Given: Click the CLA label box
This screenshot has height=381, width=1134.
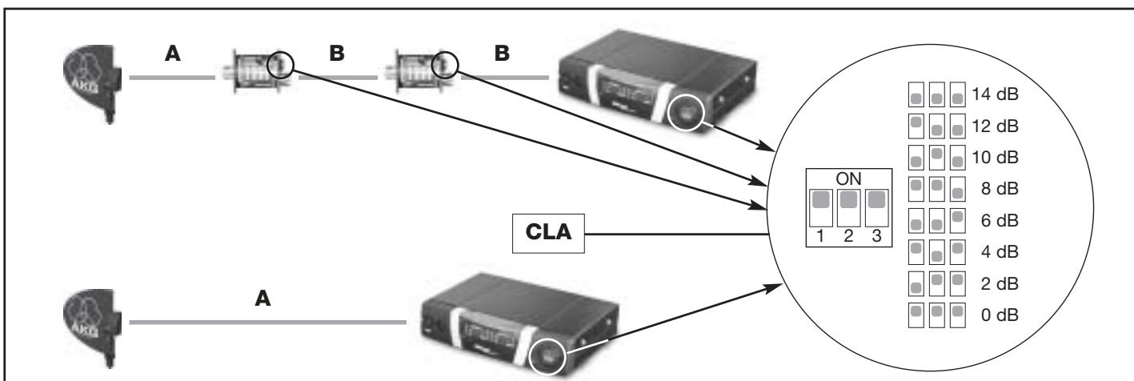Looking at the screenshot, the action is coord(548,234).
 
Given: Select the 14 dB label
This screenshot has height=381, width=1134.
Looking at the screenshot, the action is coord(995,94).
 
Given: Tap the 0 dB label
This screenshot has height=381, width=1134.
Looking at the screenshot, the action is coord(1000,315).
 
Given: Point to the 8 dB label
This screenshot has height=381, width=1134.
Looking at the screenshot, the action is coord(1000,188).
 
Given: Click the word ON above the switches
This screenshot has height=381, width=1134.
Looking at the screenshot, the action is coord(848,178).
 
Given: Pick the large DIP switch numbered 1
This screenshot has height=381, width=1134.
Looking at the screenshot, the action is coord(820,208).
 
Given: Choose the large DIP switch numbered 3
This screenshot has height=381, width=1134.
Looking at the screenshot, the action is coord(877,208).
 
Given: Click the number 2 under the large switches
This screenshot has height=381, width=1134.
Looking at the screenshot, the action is coord(848,235).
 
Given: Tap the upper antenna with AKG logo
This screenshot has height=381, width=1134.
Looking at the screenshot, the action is coord(93,81).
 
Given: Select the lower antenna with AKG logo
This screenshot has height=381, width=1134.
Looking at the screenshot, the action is coord(93,326).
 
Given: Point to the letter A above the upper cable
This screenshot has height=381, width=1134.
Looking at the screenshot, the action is coord(173,53).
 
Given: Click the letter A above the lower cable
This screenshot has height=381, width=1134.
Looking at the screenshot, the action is coord(262,299).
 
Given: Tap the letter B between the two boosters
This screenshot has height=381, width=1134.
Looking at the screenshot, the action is coord(337,53).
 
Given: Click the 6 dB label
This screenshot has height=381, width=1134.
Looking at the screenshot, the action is coord(1000,220).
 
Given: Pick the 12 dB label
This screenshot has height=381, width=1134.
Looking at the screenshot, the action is coord(995,126).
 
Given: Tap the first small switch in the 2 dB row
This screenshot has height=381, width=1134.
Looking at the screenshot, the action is coord(916,283).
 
